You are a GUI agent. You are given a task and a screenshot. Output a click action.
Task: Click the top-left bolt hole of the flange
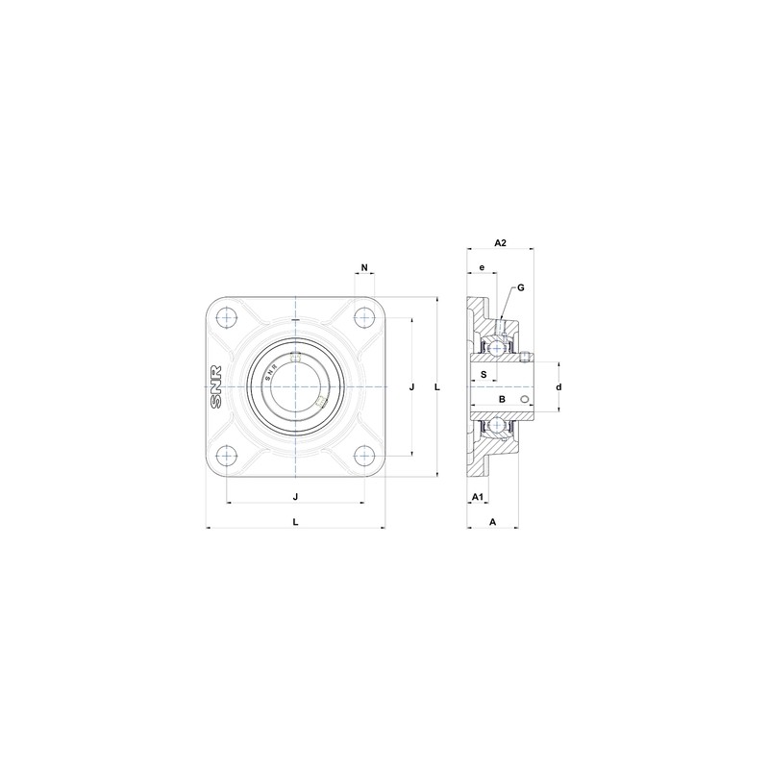pyautogui.click(x=228, y=318)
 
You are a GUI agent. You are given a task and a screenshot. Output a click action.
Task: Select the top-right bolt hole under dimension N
pyautogui.click(x=363, y=318)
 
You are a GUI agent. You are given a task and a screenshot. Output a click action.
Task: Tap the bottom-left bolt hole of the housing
pyautogui.click(x=228, y=455)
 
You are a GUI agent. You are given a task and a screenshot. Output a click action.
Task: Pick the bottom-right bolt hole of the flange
pyautogui.click(x=363, y=455)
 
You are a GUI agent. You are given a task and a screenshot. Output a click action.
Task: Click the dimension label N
pyautogui.click(x=364, y=265)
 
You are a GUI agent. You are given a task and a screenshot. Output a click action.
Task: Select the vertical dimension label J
pyautogui.click(x=411, y=386)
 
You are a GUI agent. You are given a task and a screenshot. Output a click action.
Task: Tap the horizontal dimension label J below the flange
pyautogui.click(x=295, y=496)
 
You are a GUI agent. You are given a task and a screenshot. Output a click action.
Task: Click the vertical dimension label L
pyautogui.click(x=437, y=386)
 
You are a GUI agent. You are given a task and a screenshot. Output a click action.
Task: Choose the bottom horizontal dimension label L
pyautogui.click(x=295, y=521)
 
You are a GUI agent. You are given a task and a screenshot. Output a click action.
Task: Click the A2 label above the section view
pyautogui.click(x=500, y=243)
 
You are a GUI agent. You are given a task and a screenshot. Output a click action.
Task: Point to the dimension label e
pyautogui.click(x=482, y=266)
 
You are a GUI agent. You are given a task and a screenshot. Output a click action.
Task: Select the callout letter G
pyautogui.click(x=520, y=287)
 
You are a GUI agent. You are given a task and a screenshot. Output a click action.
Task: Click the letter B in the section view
pyautogui.click(x=501, y=398)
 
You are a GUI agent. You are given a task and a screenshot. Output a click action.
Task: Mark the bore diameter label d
pyautogui.click(x=558, y=386)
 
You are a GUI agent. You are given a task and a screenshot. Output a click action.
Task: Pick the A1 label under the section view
pyautogui.click(x=476, y=496)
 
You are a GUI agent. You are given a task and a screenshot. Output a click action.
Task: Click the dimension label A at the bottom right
pyautogui.click(x=493, y=521)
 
